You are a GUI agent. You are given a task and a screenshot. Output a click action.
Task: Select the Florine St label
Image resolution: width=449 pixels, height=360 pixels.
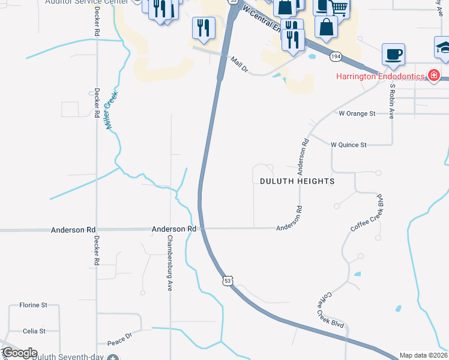33,305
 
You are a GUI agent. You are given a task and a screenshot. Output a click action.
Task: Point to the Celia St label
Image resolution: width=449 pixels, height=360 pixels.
34,331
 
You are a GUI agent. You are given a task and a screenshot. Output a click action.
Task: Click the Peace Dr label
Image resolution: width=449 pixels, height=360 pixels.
120,339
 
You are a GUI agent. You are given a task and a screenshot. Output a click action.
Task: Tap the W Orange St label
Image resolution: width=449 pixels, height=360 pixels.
357,113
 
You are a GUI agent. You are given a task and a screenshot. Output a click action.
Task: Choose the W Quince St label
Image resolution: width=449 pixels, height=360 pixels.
348,145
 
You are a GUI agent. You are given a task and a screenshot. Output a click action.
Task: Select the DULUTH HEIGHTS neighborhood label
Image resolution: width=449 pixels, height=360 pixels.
297,181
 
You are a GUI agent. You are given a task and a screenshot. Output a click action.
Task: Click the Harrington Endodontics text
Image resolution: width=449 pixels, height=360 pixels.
379,76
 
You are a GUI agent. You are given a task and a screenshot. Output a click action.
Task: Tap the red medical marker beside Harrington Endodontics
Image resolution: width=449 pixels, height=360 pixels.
433,76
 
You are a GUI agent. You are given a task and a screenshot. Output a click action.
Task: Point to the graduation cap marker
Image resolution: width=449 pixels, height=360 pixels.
444,47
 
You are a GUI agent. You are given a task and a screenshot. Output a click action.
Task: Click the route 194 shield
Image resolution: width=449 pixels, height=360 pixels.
336,56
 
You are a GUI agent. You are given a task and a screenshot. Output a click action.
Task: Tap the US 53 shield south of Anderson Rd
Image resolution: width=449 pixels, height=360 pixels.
226,280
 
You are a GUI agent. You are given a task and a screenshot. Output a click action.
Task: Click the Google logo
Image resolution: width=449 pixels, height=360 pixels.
19,353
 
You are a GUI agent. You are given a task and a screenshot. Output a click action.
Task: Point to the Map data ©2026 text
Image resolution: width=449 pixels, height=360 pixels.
424,355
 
